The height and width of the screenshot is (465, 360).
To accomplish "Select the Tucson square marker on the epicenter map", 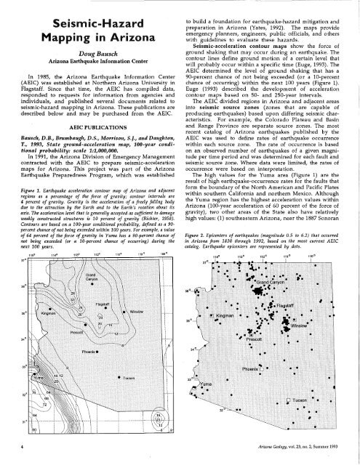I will [x=312, y=402].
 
